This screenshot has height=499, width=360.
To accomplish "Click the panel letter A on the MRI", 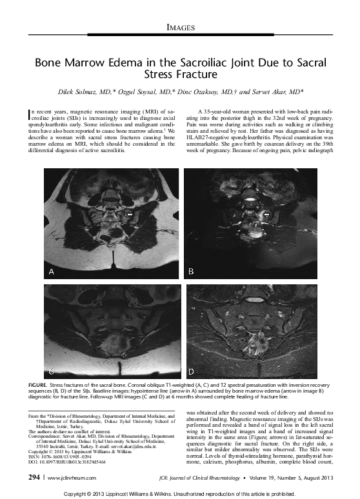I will (52, 271).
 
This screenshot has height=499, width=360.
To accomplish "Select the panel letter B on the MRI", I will (191, 271).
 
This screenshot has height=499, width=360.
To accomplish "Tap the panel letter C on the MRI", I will (51, 371).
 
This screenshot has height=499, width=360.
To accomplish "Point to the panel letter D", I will (191, 371).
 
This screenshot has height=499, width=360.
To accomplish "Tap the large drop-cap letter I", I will (32, 117).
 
